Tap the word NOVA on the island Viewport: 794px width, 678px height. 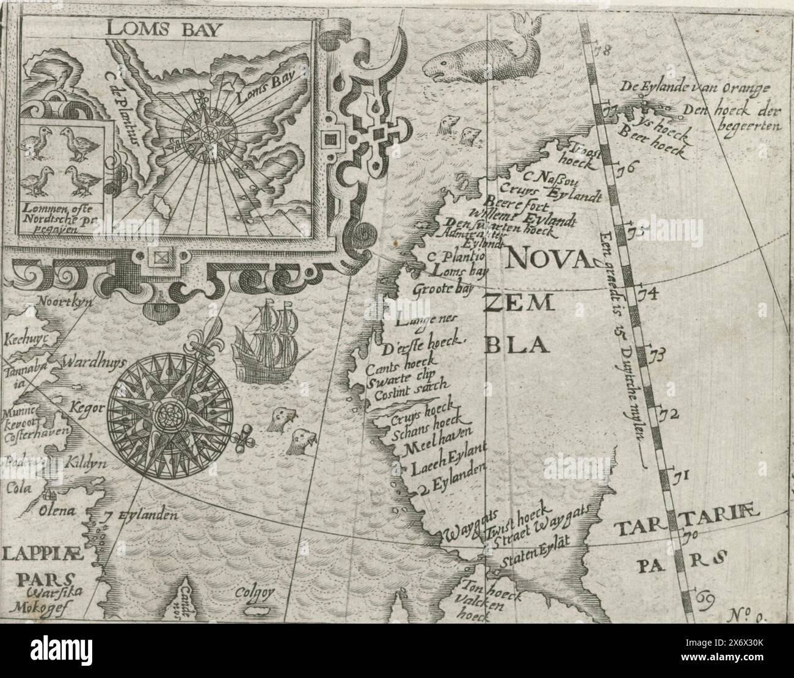pos(547,260)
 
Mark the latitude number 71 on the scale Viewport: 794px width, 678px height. pos(680,474)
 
